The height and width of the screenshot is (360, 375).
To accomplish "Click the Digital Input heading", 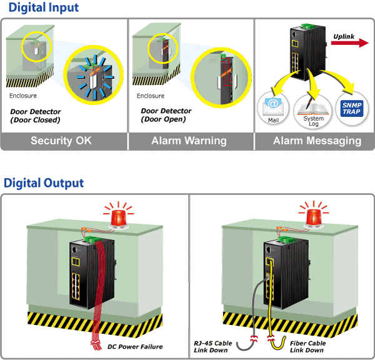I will click(x=44, y=8).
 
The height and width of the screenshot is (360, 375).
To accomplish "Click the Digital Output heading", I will click(x=44, y=182).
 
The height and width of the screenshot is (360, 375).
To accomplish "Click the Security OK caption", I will click(x=61, y=141).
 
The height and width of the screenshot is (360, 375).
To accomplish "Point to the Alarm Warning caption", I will click(x=189, y=141).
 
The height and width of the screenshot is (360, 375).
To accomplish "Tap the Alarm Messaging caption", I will click(x=317, y=141).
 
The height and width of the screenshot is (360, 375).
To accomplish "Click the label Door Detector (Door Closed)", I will click(x=36, y=116).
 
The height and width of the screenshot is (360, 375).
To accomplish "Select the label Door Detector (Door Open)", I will click(x=166, y=115).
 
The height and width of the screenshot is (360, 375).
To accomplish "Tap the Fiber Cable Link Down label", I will click(x=307, y=346).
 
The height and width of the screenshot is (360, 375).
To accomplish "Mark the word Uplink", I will click(x=344, y=36).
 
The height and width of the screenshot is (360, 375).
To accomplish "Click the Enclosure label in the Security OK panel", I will click(x=22, y=96).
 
